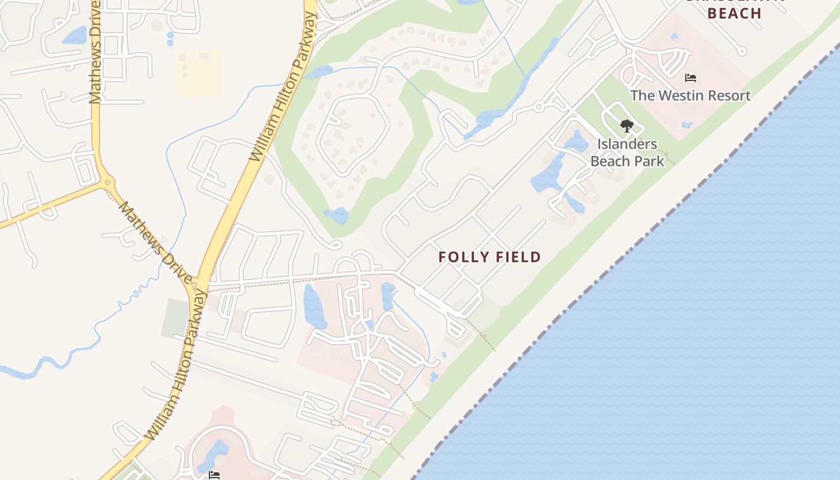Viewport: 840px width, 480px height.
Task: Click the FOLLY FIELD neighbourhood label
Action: (x=490, y=257)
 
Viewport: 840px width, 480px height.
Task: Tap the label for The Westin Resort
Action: (x=690, y=95)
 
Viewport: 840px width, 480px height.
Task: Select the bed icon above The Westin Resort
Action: (x=690, y=78)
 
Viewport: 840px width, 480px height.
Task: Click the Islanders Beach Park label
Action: (x=627, y=152)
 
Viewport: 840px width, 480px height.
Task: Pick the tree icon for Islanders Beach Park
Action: (x=626, y=126)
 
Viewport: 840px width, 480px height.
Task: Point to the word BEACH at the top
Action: (x=734, y=13)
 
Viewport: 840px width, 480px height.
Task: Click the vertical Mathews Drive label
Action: (x=95, y=60)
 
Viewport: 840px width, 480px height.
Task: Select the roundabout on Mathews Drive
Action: (x=107, y=181)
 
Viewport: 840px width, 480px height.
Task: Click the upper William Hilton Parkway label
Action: (x=283, y=87)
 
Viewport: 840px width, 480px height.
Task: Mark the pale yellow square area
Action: (x=199, y=73)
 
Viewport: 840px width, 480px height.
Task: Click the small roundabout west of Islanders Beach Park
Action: (x=538, y=107)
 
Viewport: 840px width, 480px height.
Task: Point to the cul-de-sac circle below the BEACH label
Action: (x=742, y=52)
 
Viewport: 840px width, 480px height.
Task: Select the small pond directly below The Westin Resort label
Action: (x=686, y=125)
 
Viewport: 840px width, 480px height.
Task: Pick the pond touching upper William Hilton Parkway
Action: (x=319, y=72)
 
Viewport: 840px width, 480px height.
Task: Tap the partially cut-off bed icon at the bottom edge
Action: (x=214, y=476)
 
